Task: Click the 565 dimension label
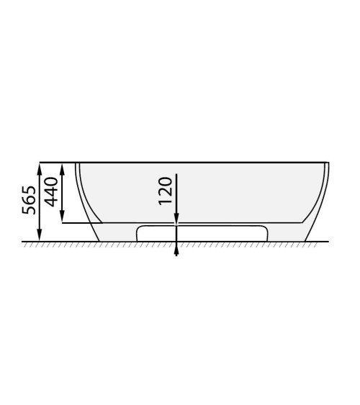point(29,200)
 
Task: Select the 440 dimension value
point(51,192)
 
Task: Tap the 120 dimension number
point(165,191)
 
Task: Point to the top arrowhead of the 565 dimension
point(40,168)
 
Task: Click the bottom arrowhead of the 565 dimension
point(40,235)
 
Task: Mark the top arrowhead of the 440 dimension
point(62,169)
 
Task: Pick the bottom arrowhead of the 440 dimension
point(62,217)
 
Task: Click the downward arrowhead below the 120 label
point(176,218)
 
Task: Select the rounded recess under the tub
point(202,234)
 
